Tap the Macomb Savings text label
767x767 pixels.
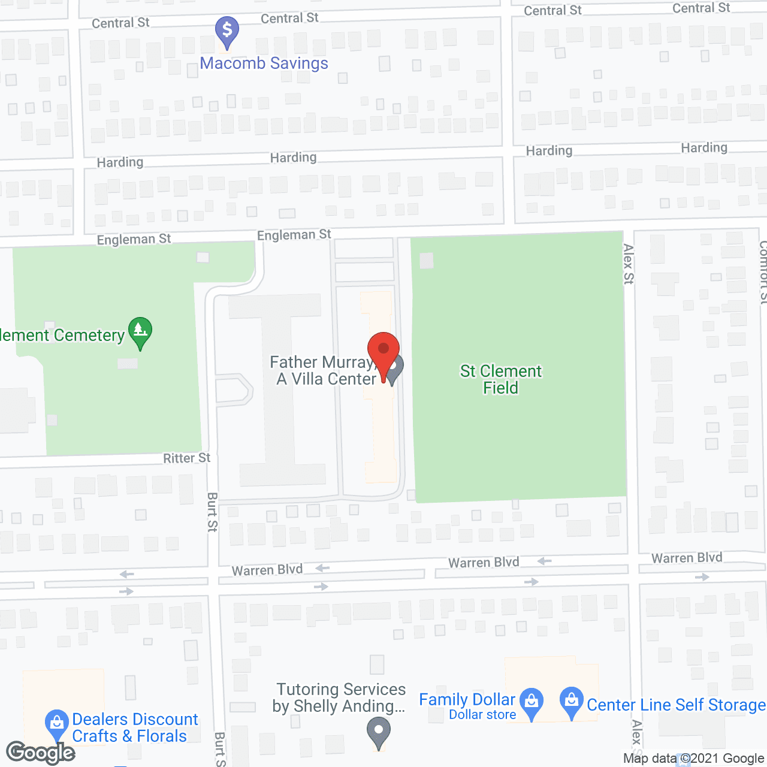(x=264, y=64)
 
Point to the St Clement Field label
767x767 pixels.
(x=501, y=379)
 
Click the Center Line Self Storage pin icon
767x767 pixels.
(x=572, y=702)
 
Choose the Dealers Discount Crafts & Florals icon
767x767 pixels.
(x=57, y=724)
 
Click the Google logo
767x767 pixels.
(x=40, y=753)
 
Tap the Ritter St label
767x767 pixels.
(x=187, y=458)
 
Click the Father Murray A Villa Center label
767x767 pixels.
(x=324, y=371)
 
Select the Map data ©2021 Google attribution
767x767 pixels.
(x=693, y=759)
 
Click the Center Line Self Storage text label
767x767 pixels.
(x=676, y=705)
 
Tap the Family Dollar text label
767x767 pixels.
(x=467, y=699)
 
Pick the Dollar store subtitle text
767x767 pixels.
(x=482, y=715)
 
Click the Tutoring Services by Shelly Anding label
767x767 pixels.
(x=340, y=698)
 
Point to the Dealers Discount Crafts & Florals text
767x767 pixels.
(x=134, y=727)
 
